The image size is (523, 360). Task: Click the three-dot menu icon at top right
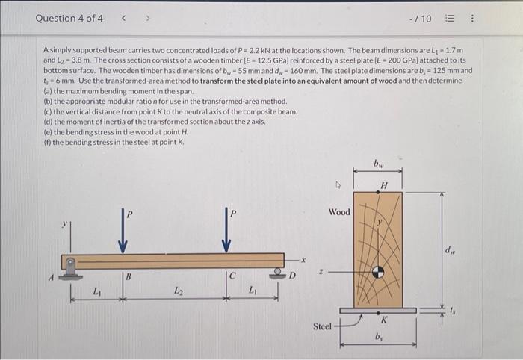pyautogui.click(x=494, y=18)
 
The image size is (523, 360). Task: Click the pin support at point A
pyautogui.click(x=71, y=267)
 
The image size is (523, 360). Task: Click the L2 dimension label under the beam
pyautogui.click(x=178, y=291)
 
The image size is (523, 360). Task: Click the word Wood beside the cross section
pyautogui.click(x=338, y=212)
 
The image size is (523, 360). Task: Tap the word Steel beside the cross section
pyautogui.click(x=322, y=326)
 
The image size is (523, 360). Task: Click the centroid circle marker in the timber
pyautogui.click(x=378, y=273)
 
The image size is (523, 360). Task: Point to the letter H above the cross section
pyautogui.click(x=383, y=185)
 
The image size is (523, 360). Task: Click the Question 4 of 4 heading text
pyautogui.click(x=69, y=18)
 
